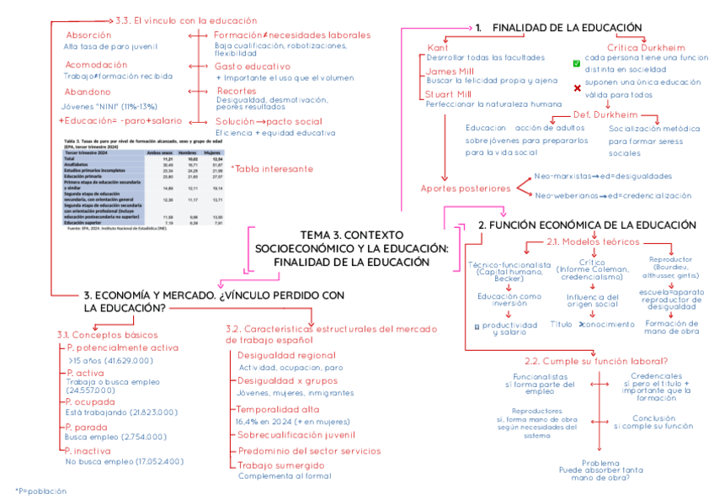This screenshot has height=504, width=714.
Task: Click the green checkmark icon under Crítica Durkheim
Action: pos(577,63)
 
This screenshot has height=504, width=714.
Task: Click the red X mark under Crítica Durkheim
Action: pos(577,88)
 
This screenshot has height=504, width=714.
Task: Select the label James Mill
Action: pos(449,72)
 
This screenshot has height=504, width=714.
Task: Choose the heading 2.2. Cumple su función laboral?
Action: pos(596,360)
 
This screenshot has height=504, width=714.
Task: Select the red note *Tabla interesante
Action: pos(266,168)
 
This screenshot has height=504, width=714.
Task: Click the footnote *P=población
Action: pos(40,491)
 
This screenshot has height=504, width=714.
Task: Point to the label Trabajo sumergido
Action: pos(280,465)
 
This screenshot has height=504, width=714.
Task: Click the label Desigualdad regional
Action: pos(286,356)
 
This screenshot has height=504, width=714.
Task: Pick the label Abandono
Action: pos(88,92)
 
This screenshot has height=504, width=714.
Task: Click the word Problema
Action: pos(600,462)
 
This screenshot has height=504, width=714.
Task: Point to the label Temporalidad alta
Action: pos(277,409)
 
